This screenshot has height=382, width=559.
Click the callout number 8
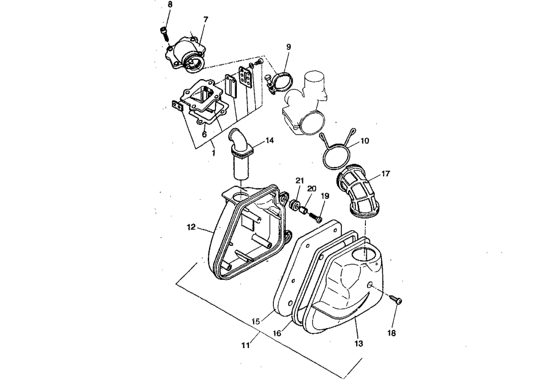click(170, 5)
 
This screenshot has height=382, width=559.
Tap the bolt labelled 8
click(164, 33)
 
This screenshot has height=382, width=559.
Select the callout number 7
click(205, 19)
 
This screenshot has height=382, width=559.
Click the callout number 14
click(269, 140)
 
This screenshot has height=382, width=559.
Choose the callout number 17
click(385, 174)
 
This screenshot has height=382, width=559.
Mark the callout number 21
click(300, 181)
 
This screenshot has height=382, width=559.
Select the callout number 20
click(312, 188)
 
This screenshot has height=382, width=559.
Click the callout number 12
click(191, 227)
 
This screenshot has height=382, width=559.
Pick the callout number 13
click(359, 344)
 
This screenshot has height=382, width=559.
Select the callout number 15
click(256, 322)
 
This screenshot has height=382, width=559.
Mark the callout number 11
click(245, 345)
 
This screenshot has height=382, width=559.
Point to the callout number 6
click(204, 135)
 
